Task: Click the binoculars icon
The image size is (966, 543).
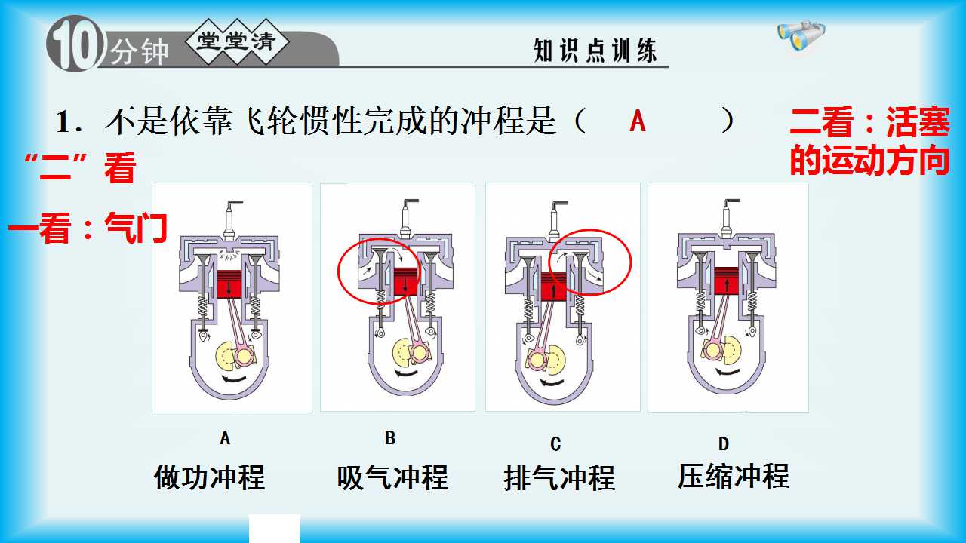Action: [x=801, y=35]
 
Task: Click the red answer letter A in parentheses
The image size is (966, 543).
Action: [x=638, y=121]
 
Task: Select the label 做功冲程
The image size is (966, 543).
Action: [x=210, y=477]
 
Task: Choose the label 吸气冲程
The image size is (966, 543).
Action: [x=392, y=477]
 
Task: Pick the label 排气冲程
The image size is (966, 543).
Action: [x=559, y=478]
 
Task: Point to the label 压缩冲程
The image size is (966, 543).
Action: [x=733, y=476]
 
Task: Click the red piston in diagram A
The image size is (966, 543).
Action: [x=229, y=284]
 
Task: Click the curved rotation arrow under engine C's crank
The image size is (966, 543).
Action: [x=554, y=382]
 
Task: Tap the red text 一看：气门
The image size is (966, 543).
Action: [x=88, y=228]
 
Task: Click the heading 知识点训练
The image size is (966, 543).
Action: [x=595, y=51]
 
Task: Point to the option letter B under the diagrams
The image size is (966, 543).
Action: [x=390, y=438]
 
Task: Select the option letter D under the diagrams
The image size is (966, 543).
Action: [x=724, y=443]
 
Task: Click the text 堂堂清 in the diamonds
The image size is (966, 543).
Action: [x=236, y=41]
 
